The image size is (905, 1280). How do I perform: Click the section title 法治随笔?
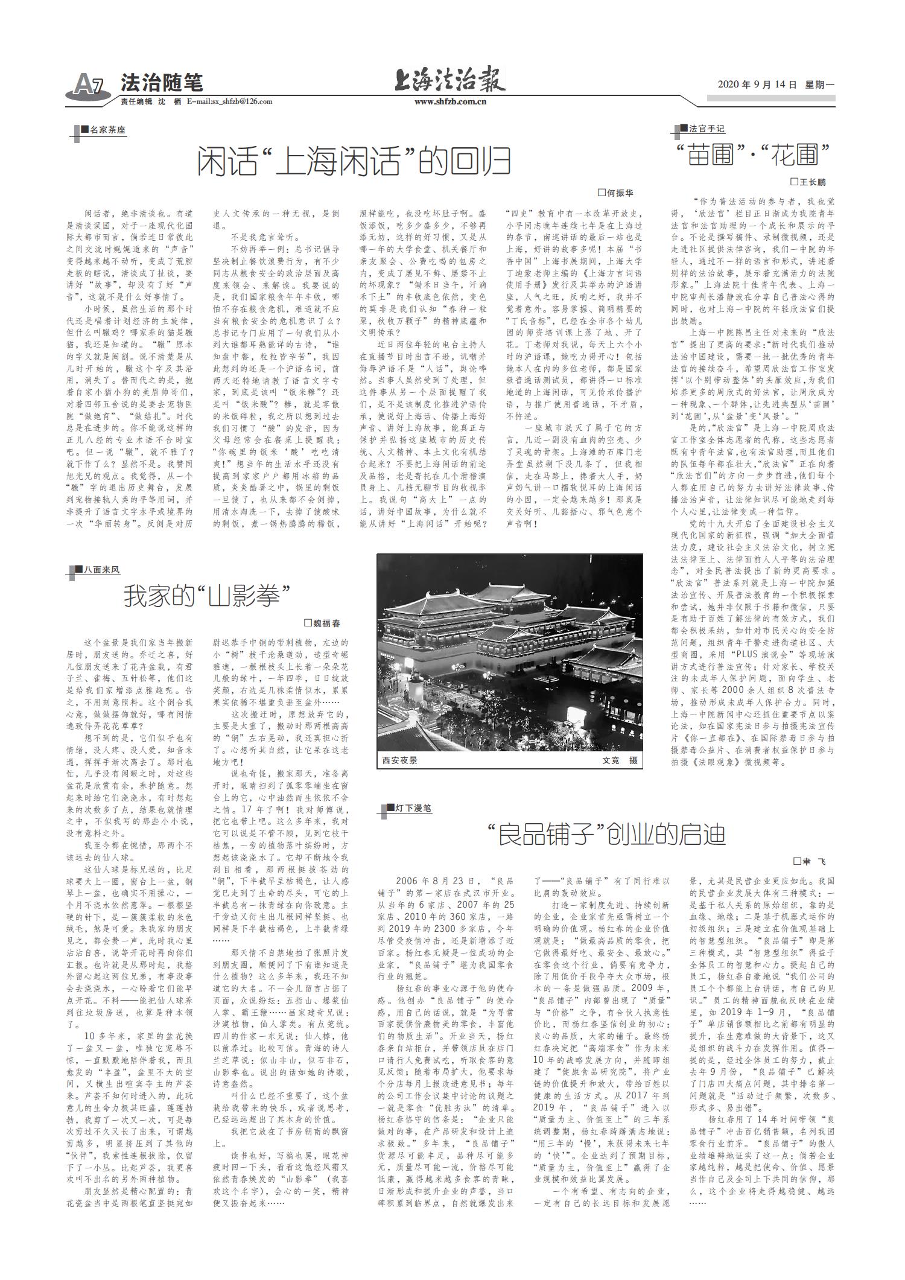162,82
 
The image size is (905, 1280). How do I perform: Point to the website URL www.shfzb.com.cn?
450,102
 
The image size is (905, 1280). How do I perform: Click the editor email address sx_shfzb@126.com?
229,102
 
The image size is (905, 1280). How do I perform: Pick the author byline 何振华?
615,193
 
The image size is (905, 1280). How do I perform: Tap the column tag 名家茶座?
103,130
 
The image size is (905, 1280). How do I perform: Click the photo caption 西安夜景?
399,760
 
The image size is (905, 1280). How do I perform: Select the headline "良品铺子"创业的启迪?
606,835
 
